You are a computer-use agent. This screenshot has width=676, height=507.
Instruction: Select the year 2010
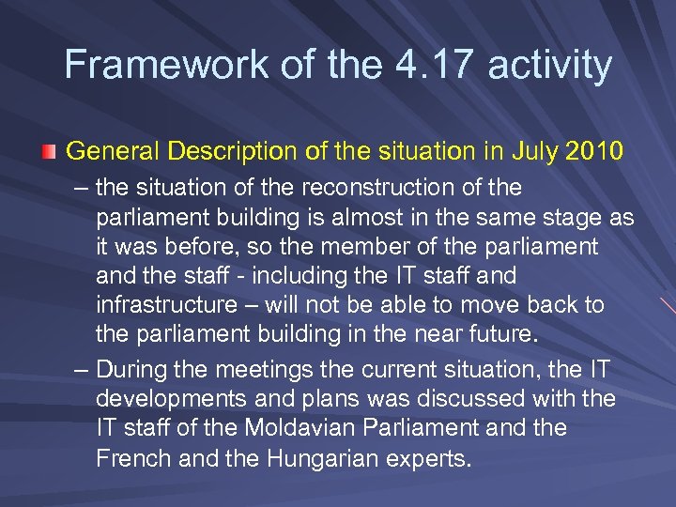591,150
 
